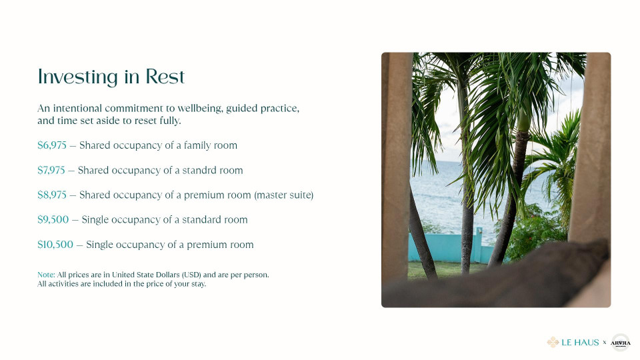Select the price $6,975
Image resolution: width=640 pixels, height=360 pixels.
click(52, 145)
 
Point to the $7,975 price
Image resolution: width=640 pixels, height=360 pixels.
click(51, 170)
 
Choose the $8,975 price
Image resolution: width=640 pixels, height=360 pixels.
click(52, 195)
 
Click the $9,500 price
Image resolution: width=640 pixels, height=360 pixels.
click(53, 219)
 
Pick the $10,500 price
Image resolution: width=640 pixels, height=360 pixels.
click(55, 245)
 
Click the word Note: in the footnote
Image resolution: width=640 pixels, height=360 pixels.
click(46, 275)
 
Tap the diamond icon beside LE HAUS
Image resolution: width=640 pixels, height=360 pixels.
click(553, 343)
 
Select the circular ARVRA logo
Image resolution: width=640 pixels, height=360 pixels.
click(621, 343)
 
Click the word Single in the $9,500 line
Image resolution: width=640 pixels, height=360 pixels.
click(95, 219)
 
